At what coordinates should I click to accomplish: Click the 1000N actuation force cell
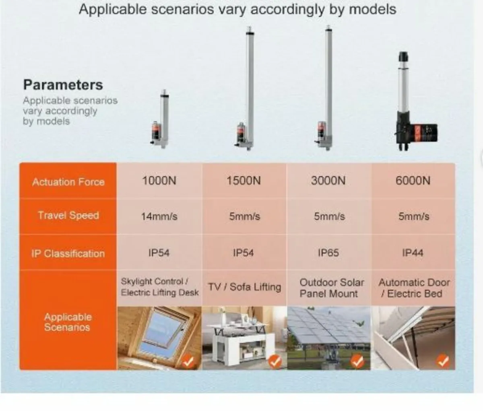click(x=159, y=181)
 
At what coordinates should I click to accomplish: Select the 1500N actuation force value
click(x=244, y=181)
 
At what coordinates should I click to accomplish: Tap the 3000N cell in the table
click(x=328, y=181)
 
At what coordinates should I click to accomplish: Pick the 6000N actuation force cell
click(x=413, y=181)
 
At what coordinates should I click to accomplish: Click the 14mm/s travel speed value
click(x=159, y=216)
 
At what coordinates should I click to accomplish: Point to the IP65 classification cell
click(x=328, y=253)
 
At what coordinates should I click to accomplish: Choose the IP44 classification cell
click(x=413, y=253)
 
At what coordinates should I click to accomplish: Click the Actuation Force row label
click(x=68, y=182)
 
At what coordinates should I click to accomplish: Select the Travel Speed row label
click(x=68, y=216)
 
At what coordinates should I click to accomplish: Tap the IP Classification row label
click(x=68, y=254)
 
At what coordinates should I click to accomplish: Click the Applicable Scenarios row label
click(x=68, y=322)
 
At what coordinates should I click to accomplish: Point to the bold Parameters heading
click(x=63, y=85)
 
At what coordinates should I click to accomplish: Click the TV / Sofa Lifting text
click(x=244, y=287)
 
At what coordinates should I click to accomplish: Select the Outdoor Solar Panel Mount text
click(x=331, y=288)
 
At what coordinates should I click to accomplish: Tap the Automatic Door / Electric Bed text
click(x=414, y=288)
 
